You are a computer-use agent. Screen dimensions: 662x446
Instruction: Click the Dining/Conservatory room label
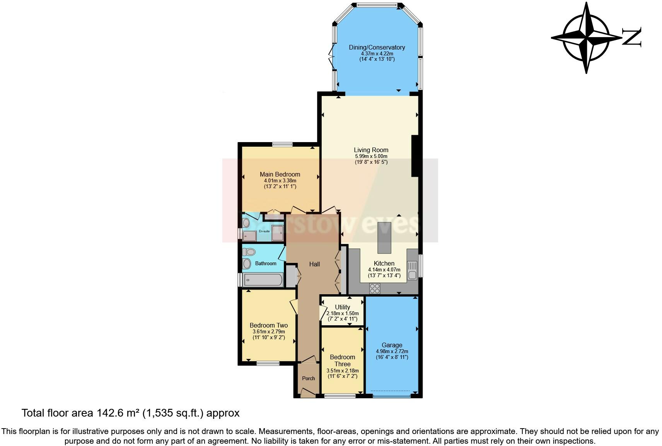point(377,47)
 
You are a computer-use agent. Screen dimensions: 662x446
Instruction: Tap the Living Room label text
point(371,150)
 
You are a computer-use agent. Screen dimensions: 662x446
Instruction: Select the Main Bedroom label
point(280,174)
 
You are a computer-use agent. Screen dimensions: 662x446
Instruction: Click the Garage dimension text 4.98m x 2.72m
point(392,352)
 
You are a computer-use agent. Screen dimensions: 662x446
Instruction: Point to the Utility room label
point(342,307)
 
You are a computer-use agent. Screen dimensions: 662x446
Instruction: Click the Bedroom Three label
point(343,360)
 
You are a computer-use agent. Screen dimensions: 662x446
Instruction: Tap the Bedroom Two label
point(269,326)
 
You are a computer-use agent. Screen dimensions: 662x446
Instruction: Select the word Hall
point(314,264)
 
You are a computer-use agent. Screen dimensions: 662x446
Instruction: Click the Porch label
point(308,378)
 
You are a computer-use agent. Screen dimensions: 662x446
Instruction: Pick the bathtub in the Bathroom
point(263,280)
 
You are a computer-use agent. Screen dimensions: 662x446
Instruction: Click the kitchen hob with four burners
point(374,288)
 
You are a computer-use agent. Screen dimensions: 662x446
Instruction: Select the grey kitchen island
point(384,238)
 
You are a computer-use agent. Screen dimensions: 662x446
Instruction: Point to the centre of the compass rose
point(587,38)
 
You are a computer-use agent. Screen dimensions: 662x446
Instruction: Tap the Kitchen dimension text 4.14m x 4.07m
point(384,269)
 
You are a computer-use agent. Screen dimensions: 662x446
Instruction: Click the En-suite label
point(264,231)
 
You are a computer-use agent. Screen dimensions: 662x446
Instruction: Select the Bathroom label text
point(266,263)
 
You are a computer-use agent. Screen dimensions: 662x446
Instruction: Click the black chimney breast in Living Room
point(415,156)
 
